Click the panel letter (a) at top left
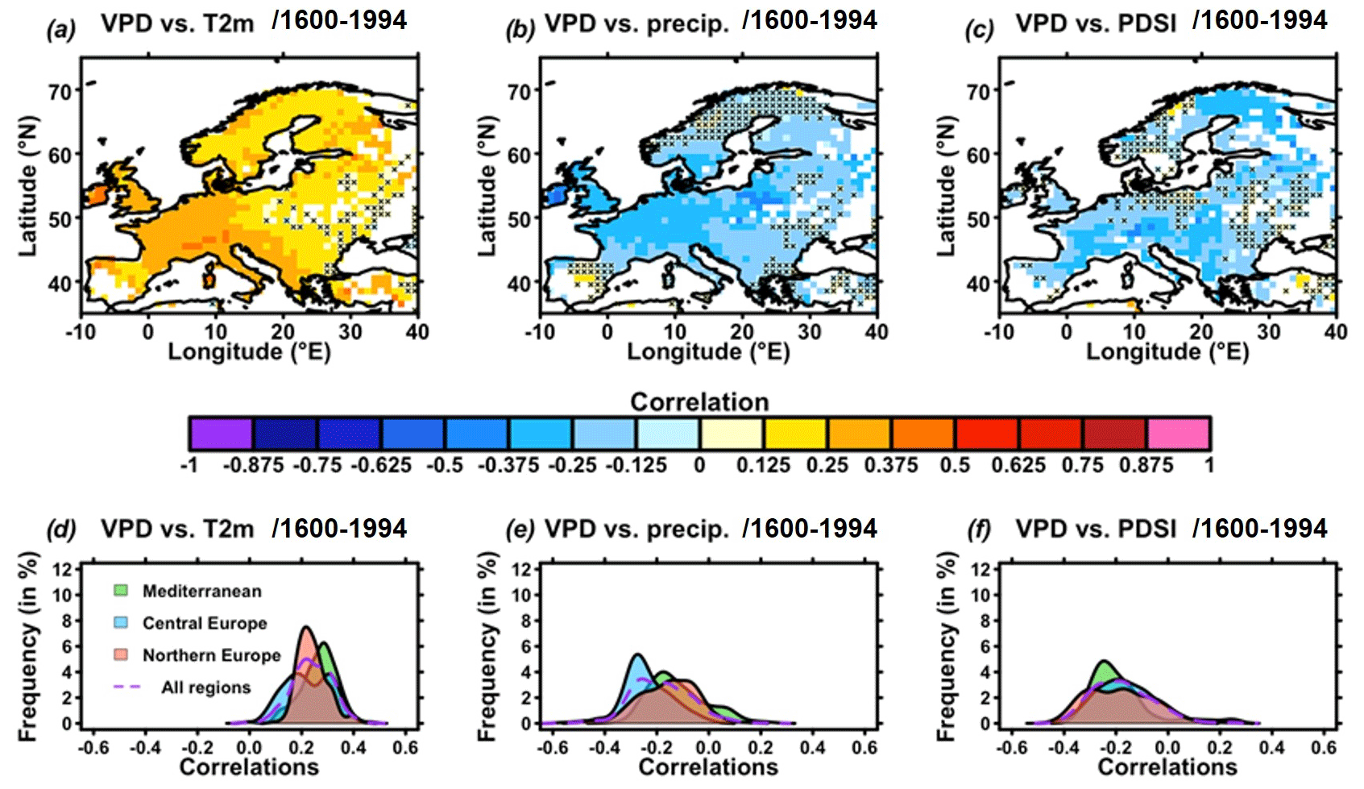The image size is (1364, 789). (x=60, y=31)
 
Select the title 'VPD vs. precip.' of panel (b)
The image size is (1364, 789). (x=636, y=23)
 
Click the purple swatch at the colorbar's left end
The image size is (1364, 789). (x=221, y=434)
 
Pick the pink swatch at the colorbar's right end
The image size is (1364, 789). (x=1178, y=434)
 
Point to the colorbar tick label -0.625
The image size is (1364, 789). (x=380, y=466)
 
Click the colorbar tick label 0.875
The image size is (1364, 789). (x=1146, y=466)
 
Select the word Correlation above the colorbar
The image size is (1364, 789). (x=699, y=401)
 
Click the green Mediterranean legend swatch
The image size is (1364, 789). (x=121, y=591)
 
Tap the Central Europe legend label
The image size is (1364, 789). (x=205, y=623)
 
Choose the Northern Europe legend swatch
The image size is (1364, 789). (x=121, y=654)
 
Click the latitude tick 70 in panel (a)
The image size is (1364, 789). (x=60, y=92)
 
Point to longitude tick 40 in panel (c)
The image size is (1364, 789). (x=1334, y=331)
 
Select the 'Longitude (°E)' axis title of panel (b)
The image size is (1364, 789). (x=708, y=351)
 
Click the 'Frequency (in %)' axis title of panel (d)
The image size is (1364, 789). (x=28, y=646)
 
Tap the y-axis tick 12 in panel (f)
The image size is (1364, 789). (x=981, y=569)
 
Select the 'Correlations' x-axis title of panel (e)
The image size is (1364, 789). (x=708, y=766)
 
